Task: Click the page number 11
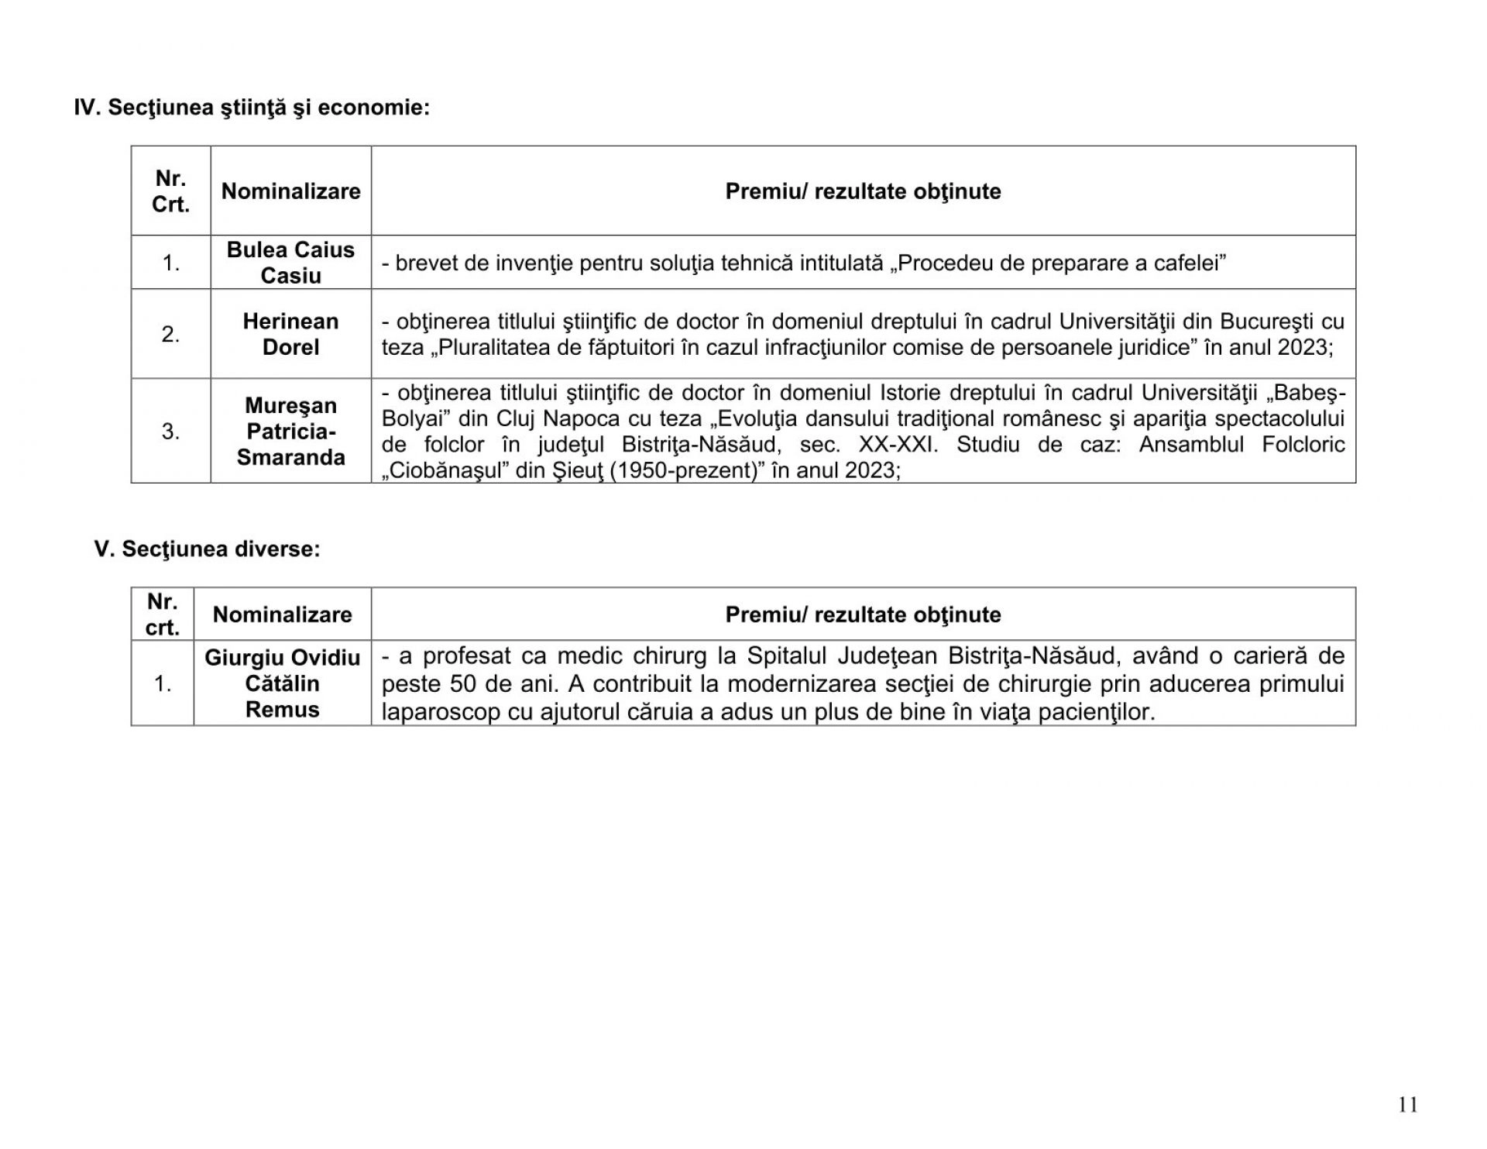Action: pos(1408,1105)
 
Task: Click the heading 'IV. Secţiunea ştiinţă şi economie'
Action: pos(252,108)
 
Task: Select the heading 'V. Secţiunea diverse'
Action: pos(207,549)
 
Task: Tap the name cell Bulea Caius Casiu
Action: pos(290,263)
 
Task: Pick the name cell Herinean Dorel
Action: pos(290,334)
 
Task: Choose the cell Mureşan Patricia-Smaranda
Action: pos(290,432)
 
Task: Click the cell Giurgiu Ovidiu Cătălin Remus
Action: pos(282,683)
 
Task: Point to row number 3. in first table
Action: pos(170,432)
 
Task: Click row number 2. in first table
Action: pos(170,335)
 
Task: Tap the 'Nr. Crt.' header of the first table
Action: pos(170,191)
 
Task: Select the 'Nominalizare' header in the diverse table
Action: pos(282,614)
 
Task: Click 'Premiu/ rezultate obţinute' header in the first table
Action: pos(863,191)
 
